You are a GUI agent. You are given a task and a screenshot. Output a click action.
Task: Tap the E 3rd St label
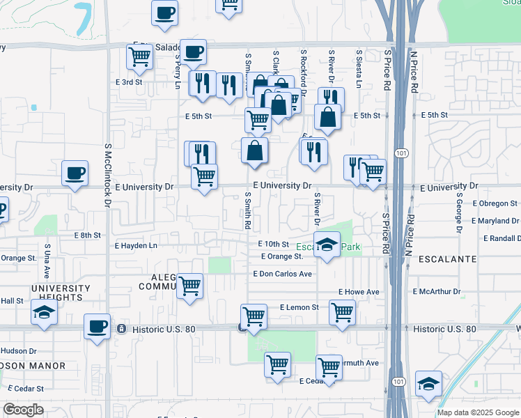click(x=128, y=82)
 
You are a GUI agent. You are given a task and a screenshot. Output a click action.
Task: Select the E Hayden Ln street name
click(x=137, y=245)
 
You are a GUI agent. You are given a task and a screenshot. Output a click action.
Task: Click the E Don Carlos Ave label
click(x=282, y=274)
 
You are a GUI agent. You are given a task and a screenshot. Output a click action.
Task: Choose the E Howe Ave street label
click(x=359, y=291)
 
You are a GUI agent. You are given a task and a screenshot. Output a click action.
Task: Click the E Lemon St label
click(x=299, y=307)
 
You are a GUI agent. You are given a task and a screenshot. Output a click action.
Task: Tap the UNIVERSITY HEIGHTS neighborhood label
click(x=60, y=293)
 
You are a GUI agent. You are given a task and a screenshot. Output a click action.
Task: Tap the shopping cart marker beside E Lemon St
click(x=342, y=312)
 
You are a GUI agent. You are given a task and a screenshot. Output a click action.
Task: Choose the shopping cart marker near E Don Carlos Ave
click(x=190, y=286)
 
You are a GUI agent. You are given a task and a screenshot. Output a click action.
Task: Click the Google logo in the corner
click(x=23, y=410)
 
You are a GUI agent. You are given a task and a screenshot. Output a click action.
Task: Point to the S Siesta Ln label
click(x=358, y=68)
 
